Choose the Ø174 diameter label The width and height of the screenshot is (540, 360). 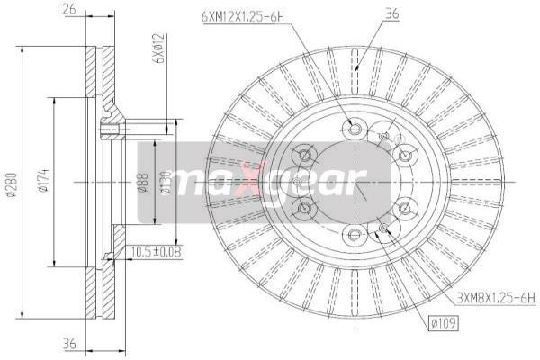click(42, 184)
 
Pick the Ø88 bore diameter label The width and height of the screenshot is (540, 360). click(141, 184)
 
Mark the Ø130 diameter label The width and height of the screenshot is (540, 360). click(164, 184)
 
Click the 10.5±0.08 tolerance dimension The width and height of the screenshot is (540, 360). click(156, 252)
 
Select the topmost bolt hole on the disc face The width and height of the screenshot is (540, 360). click(353, 129)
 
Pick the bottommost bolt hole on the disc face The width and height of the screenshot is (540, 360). click(353, 236)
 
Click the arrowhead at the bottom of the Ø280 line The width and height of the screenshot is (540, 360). click(20, 317)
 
